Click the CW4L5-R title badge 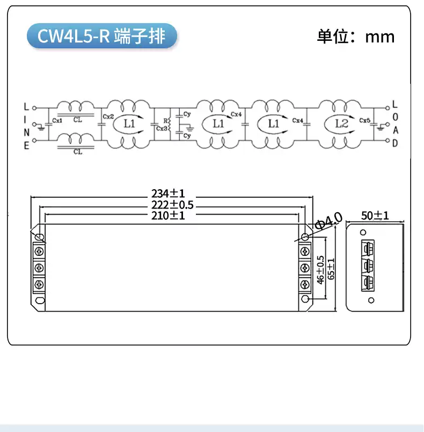click(102, 36)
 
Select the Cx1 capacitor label click(57, 120)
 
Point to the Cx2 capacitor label click(108, 117)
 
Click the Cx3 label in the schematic click(162, 128)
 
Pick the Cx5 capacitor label click(364, 120)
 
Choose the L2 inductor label click(341, 124)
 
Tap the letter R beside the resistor click(165, 121)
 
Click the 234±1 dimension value click(168, 193)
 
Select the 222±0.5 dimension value click(172, 205)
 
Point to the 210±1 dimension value click(168, 215)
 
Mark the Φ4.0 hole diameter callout click(328, 221)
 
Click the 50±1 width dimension click(375, 215)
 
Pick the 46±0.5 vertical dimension click(320, 270)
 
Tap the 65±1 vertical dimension click(331, 269)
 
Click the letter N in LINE click(26, 133)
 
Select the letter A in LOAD click(396, 130)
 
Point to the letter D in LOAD click(395, 143)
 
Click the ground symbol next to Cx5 click(381, 127)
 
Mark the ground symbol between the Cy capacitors click(189, 128)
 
